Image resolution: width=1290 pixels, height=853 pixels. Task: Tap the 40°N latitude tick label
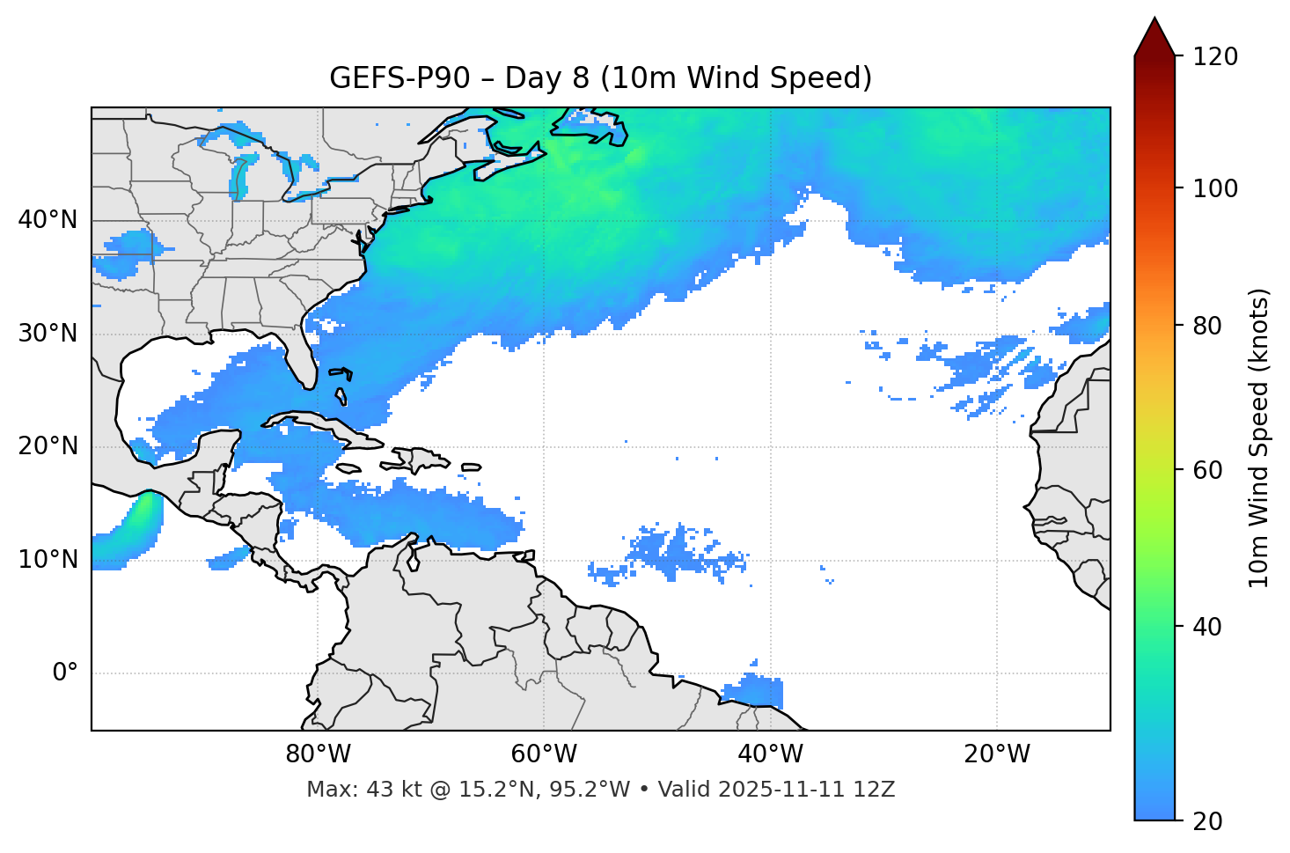pos(48,220)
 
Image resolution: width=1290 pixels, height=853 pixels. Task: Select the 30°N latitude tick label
pos(48,334)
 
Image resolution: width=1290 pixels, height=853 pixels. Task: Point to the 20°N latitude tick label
pos(48,446)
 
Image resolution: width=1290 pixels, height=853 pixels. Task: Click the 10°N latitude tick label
pos(48,560)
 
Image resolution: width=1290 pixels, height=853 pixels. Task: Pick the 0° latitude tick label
pos(65,673)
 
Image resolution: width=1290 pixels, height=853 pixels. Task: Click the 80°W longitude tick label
pos(318,754)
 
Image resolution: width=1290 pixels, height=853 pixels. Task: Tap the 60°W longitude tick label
pos(544,754)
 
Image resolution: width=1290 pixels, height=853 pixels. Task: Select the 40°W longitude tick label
pos(771,754)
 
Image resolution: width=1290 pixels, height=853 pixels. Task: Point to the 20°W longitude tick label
pos(997,754)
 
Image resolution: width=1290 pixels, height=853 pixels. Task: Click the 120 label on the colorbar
pos(1214,57)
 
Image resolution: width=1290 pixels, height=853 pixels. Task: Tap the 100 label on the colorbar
pos(1214,188)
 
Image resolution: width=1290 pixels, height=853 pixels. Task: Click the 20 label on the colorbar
pos(1207,821)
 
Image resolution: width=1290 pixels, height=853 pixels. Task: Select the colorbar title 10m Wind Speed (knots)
pos(1259,438)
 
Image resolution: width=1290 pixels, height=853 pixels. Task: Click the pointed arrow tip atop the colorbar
pos(1154,21)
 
